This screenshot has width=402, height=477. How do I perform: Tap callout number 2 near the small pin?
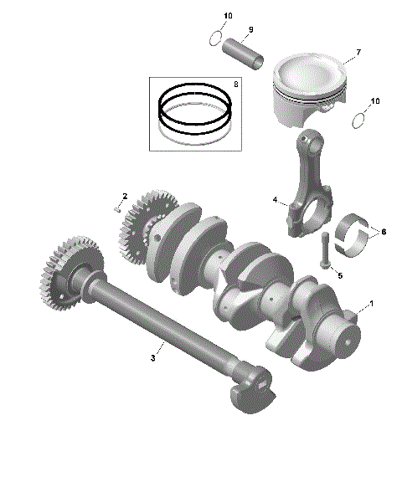[125, 196]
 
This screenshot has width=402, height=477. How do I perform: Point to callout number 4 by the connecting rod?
[274, 200]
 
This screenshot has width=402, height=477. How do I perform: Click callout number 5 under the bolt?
[339, 274]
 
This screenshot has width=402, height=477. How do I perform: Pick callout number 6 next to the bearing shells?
[384, 231]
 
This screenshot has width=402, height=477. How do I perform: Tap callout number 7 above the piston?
[358, 53]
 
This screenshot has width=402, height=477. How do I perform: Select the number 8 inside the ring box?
[236, 84]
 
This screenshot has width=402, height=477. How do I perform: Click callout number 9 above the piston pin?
[249, 30]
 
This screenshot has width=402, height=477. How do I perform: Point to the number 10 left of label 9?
[228, 17]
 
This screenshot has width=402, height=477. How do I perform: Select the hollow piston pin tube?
[244, 54]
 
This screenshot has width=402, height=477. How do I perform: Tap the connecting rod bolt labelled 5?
[323, 251]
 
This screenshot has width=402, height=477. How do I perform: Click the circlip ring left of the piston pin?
[215, 38]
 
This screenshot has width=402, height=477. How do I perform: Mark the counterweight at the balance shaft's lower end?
[250, 392]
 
